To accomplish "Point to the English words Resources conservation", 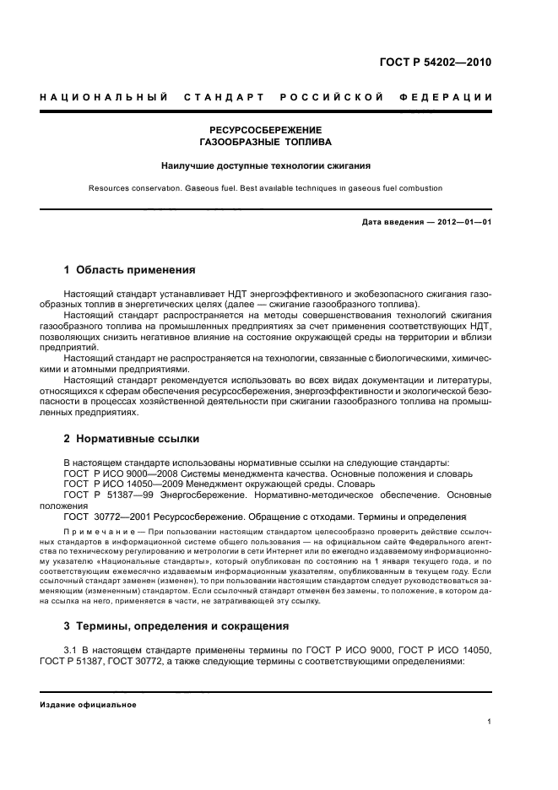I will click(x=138, y=188).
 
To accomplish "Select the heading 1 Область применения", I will click(x=130, y=270).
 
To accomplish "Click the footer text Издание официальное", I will click(x=88, y=704).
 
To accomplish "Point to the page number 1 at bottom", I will click(x=489, y=722).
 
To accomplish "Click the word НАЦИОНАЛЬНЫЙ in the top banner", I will click(x=103, y=97).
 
